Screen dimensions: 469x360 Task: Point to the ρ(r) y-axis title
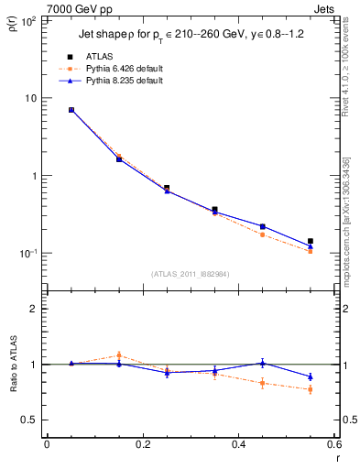click(x=12, y=21)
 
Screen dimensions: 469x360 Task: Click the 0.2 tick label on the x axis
click(x=142, y=445)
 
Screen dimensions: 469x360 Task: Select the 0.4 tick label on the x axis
click(x=238, y=445)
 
